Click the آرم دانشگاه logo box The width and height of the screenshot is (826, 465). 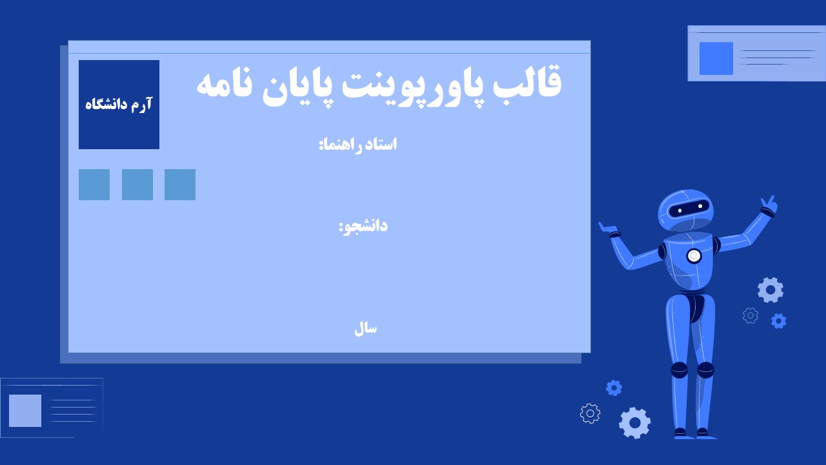coord(119,105)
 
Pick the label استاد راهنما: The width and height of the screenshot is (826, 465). coord(358,144)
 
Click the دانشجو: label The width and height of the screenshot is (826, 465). coord(363,226)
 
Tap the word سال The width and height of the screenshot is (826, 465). coord(365,328)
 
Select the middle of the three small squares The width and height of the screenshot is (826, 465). coord(137,185)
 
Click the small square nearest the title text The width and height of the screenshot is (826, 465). coord(180,185)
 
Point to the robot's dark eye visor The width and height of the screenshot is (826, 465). coord(689,208)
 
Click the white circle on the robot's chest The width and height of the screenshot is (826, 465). coord(694,256)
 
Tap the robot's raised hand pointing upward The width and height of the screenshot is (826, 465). coord(769,205)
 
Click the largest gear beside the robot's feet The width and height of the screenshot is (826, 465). coord(635,423)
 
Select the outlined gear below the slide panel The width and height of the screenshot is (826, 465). coord(590,413)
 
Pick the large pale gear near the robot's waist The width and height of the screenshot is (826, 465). coord(771,290)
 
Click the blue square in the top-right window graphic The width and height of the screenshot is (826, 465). coord(716,58)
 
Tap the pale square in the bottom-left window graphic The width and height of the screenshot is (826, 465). coord(25,411)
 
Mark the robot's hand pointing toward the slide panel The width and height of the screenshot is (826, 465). coord(608,229)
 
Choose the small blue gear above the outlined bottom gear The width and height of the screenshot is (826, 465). coord(614,387)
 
